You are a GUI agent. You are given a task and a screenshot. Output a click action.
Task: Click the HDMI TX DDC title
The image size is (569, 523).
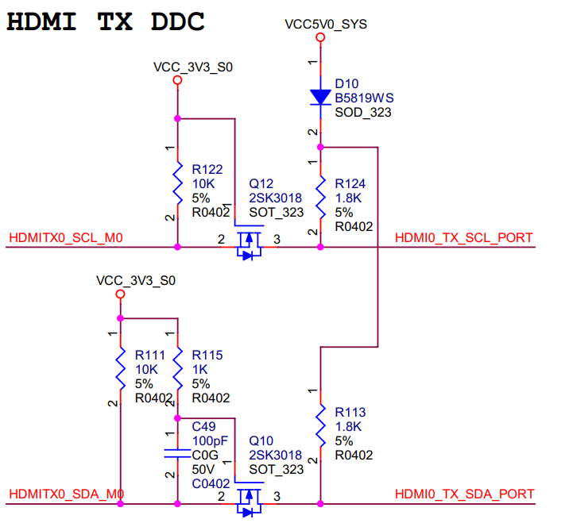coord(106,21)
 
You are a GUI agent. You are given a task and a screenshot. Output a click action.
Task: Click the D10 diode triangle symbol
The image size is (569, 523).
coord(320,97)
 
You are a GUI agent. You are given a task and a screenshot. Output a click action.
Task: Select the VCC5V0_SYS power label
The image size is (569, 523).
coord(326,25)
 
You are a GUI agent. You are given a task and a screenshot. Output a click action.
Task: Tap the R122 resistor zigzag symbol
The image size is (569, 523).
coord(177,183)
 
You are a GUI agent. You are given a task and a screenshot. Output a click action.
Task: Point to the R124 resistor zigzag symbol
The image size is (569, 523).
coord(320,198)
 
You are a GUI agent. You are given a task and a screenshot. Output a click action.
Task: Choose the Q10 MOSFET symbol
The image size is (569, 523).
coord(249,497)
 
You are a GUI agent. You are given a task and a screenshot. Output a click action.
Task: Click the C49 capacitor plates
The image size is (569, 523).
coord(177,453)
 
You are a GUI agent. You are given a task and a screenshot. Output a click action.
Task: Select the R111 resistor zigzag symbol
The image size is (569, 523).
coord(121,369)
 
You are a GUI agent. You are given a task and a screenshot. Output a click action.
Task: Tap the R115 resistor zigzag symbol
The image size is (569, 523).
coord(177,369)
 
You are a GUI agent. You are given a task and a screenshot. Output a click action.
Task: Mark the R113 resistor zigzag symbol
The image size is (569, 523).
coord(320,426)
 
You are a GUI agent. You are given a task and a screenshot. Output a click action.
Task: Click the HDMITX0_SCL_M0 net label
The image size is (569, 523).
coord(66,238)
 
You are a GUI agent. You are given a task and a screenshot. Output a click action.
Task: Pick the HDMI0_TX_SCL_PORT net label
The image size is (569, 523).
coord(464,238)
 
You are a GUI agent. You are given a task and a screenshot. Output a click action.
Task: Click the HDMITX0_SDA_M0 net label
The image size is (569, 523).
coord(67,494)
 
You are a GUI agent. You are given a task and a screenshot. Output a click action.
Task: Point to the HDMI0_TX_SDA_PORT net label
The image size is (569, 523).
coord(464,494)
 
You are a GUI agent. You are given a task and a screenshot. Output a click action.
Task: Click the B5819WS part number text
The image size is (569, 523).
coord(364,98)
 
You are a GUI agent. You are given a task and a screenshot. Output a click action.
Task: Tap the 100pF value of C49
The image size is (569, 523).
coord(210,440)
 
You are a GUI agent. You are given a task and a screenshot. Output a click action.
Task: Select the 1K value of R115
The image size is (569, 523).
coord(199,369)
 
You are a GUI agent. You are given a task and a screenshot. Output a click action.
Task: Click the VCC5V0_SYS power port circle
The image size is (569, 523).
coord(320,37)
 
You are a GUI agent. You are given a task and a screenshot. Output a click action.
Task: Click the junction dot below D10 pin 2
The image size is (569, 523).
coord(320,147)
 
